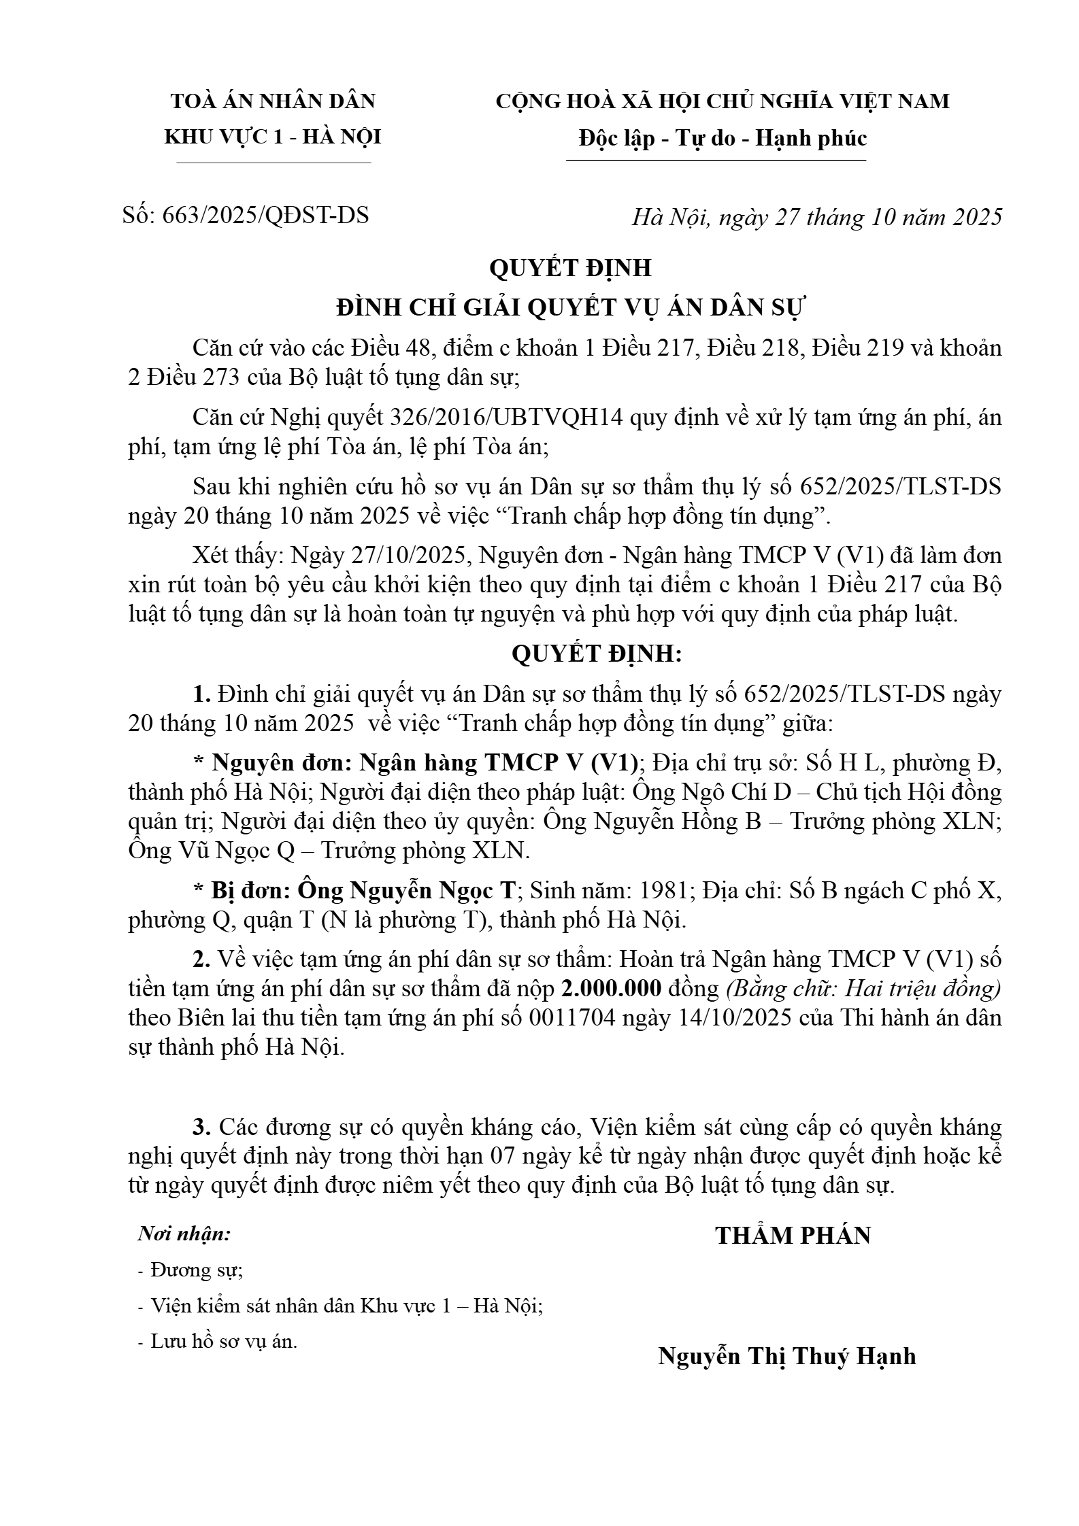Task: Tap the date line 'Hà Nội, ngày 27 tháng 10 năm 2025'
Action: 816,217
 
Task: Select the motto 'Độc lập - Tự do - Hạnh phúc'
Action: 723,139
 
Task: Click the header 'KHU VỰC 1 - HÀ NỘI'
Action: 273,137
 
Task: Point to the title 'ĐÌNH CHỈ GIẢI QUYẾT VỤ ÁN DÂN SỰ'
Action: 570,308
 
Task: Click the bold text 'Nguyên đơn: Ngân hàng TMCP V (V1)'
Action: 425,763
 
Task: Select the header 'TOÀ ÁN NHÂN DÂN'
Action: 273,101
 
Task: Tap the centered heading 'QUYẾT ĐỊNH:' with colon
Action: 597,654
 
